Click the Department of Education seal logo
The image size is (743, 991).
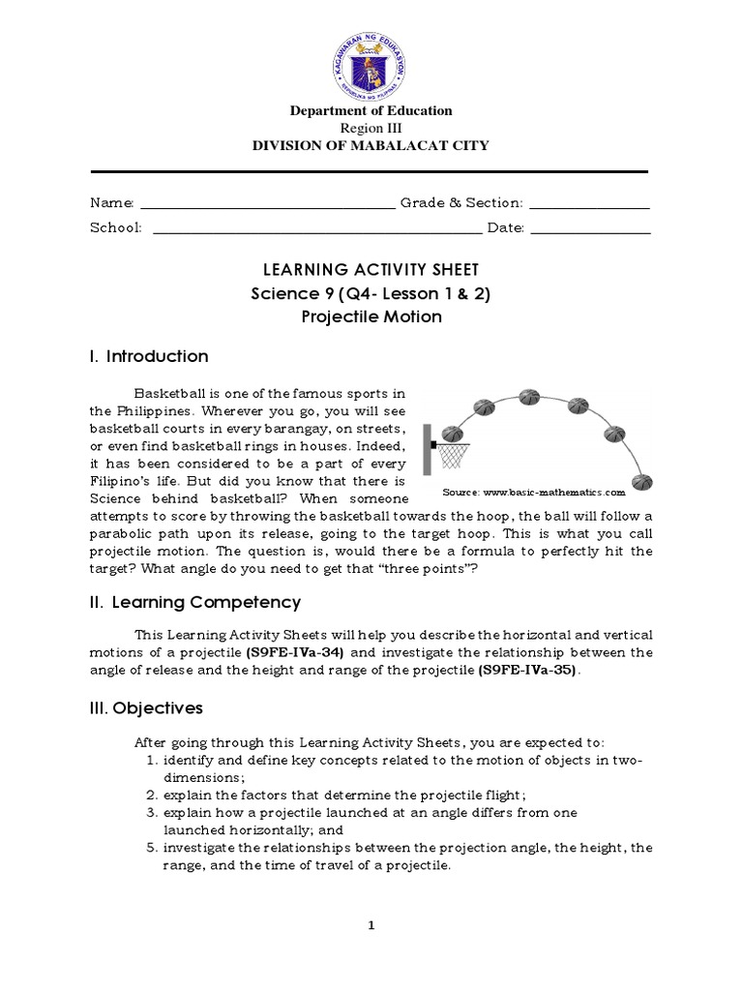[x=371, y=56]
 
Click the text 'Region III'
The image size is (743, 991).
[x=371, y=128]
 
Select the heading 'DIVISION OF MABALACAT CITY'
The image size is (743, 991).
[x=371, y=146]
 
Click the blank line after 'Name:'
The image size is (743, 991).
[x=268, y=204]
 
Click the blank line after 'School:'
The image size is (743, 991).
[x=317, y=229]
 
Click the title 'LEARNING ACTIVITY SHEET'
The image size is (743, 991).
[x=371, y=269]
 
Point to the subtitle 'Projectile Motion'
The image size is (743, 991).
[x=371, y=317]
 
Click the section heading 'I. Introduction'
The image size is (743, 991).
[x=149, y=356]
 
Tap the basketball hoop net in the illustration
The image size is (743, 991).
[x=453, y=453]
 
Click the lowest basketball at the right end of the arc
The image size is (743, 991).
[x=641, y=480]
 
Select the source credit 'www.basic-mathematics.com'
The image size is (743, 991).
[x=555, y=492]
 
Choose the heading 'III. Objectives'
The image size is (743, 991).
[x=146, y=708]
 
